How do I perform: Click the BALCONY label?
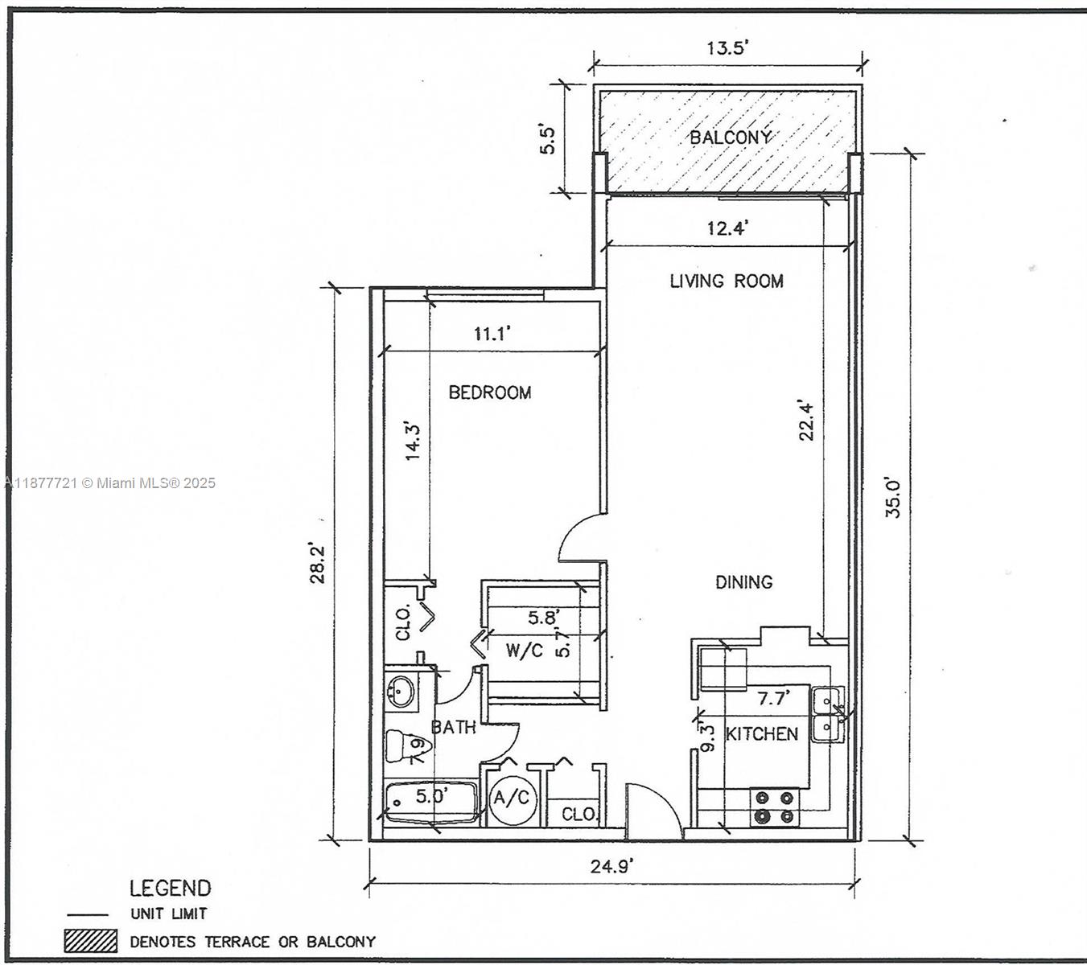tap(730, 138)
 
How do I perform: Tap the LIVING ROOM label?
tap(727, 281)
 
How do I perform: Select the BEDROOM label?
tap(489, 392)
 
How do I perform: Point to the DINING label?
tap(743, 581)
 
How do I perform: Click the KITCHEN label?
tap(762, 733)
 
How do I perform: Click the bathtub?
tap(430, 802)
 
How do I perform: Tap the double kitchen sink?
tap(828, 713)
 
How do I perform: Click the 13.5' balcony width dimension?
tap(727, 47)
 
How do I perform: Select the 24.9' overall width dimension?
tap(611, 866)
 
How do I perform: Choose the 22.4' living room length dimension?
tap(807, 421)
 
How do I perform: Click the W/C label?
tap(525, 650)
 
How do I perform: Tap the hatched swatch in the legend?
tap(91, 941)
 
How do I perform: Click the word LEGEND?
tap(170, 888)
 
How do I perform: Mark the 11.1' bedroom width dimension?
tap(492, 334)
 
